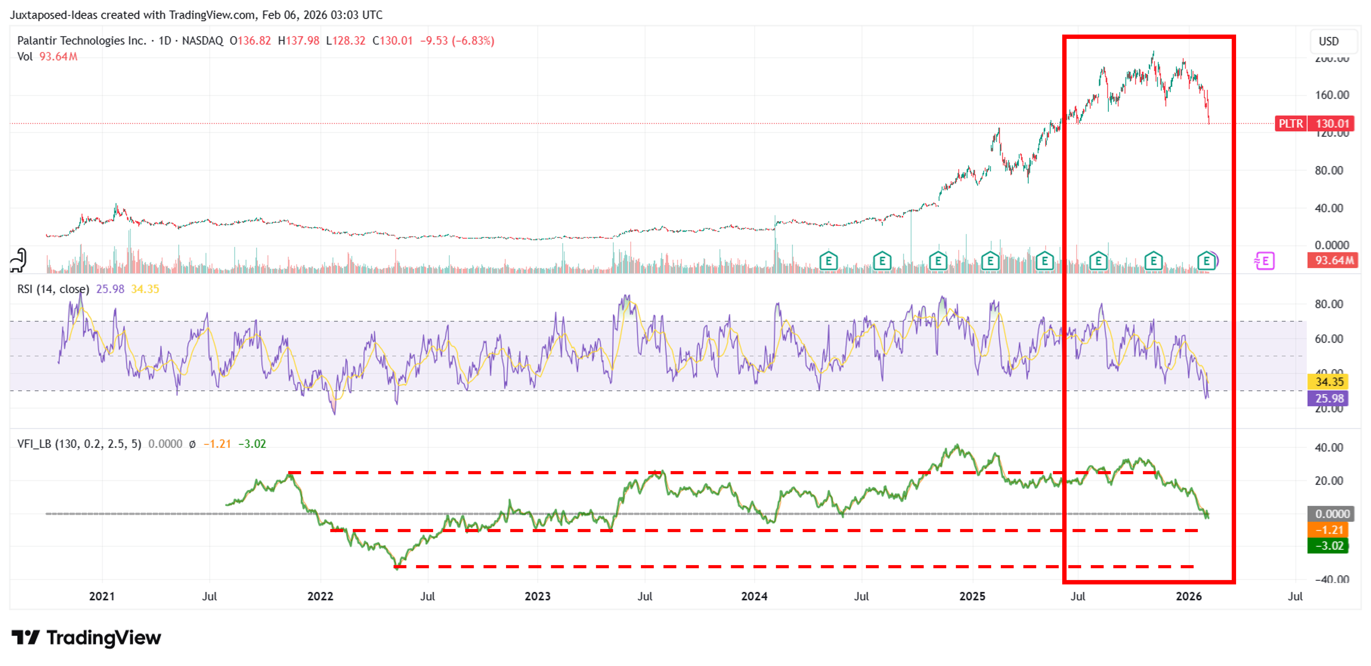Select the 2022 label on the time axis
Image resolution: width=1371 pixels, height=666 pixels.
(320, 596)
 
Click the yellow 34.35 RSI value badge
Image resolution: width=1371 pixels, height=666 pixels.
(1329, 381)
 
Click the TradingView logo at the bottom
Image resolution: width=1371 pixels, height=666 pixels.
(86, 637)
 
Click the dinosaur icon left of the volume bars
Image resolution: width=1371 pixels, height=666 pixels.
(19, 260)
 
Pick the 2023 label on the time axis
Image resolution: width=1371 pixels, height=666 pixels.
(537, 596)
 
